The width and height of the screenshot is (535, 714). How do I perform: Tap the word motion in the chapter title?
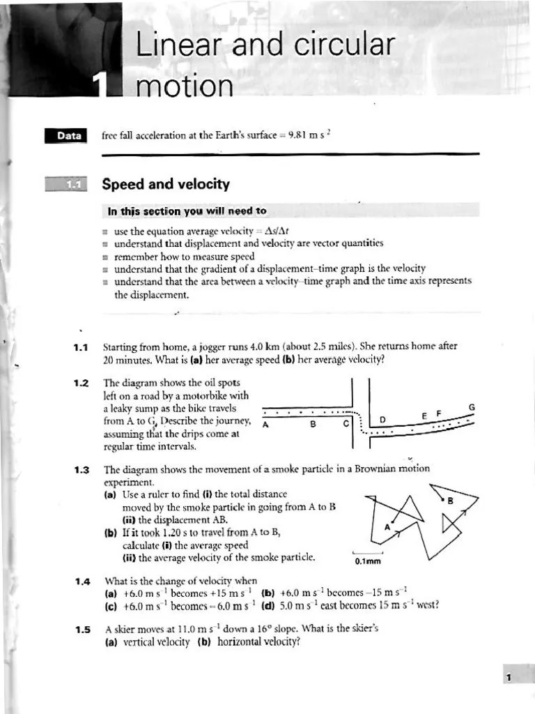coord(185,87)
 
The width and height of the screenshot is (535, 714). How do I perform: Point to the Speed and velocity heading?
coord(166,184)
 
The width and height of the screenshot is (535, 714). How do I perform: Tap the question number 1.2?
coord(81,383)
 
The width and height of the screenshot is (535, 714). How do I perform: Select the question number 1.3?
coord(81,469)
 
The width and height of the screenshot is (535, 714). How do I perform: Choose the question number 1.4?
coord(81,580)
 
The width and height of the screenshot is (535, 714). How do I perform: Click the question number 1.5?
coord(81,629)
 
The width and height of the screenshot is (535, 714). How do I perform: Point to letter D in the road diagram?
coord(382,420)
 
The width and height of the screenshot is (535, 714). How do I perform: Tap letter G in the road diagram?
coord(472,407)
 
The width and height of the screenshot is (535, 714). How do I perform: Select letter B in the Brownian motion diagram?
coord(450,501)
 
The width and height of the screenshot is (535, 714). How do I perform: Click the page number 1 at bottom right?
coord(510,677)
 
